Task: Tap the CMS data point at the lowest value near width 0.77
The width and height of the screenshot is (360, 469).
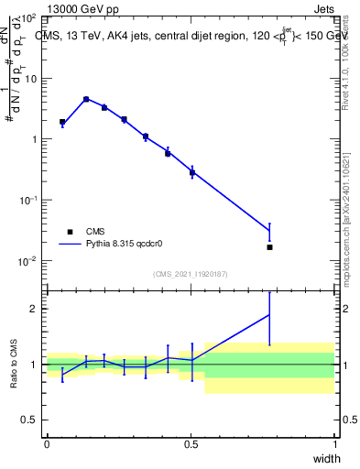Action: (x=269, y=247)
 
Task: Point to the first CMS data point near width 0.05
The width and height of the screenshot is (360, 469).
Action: (x=62, y=122)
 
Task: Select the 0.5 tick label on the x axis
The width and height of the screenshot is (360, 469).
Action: (x=191, y=444)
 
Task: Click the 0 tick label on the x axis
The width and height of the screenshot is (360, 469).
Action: (x=47, y=444)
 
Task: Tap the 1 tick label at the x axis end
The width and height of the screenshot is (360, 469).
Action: (x=335, y=444)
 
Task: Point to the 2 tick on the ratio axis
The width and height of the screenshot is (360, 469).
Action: (x=36, y=309)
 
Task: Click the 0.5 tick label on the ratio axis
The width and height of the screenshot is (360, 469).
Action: (x=31, y=420)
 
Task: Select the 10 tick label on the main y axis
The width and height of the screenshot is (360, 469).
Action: (x=31, y=79)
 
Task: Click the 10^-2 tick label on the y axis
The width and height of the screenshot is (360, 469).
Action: (x=28, y=261)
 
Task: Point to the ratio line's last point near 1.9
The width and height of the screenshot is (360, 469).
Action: (x=269, y=314)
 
